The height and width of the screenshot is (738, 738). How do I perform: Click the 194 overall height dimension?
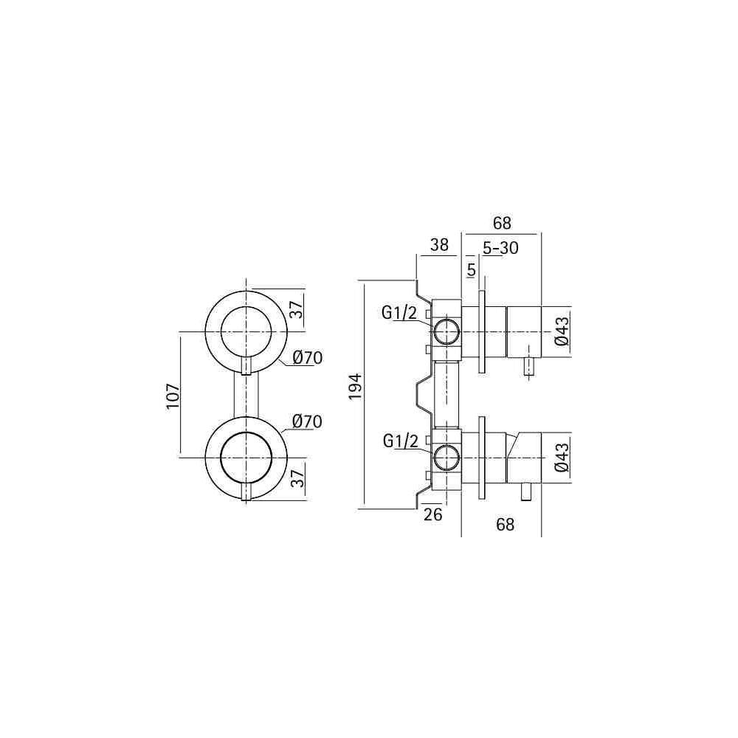coord(355,387)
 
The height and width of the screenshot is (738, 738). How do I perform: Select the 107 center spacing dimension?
coord(173,396)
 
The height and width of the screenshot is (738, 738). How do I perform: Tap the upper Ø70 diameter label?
coord(307,358)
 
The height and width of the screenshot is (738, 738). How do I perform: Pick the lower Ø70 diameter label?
coord(307,421)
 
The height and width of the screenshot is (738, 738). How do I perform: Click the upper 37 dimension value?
coord(297,309)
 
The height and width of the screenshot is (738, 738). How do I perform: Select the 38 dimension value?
coord(439,245)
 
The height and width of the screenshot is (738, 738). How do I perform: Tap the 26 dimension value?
coord(433,514)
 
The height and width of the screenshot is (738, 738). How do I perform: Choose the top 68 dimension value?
coord(502,223)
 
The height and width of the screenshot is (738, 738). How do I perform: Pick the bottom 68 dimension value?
coord(505,524)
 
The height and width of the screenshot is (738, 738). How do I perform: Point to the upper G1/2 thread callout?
coord(399,312)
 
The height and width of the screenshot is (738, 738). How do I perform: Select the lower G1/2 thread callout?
coord(401,441)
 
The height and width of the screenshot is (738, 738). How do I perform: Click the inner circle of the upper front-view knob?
coord(221,332)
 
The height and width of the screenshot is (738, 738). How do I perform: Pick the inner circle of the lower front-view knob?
coord(221,458)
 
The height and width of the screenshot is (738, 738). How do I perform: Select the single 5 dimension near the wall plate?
coord(472,270)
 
